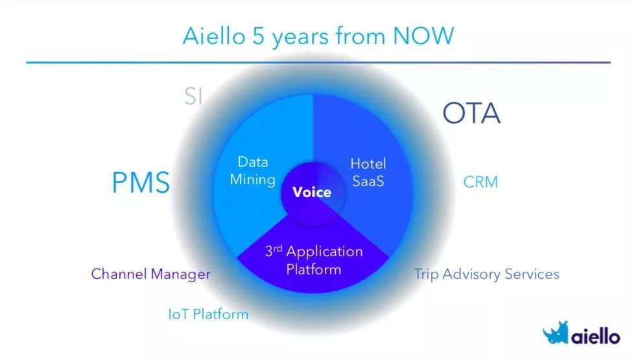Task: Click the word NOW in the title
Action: click(x=423, y=36)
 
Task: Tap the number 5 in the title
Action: click(x=258, y=36)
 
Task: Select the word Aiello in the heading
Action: click(x=214, y=36)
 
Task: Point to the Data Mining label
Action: click(x=253, y=171)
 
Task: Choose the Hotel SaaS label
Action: click(x=368, y=173)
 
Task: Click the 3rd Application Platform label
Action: click(x=314, y=260)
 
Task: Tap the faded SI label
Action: click(x=193, y=97)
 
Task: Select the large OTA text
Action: click(x=471, y=113)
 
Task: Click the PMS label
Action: click(x=141, y=182)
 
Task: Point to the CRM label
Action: click(x=480, y=182)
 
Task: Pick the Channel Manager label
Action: click(x=151, y=274)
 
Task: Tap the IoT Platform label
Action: click(x=208, y=315)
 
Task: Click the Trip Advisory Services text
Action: click(x=487, y=274)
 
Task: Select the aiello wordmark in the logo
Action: click(x=596, y=337)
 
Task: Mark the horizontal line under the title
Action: click(x=318, y=62)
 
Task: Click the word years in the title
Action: click(x=300, y=38)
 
